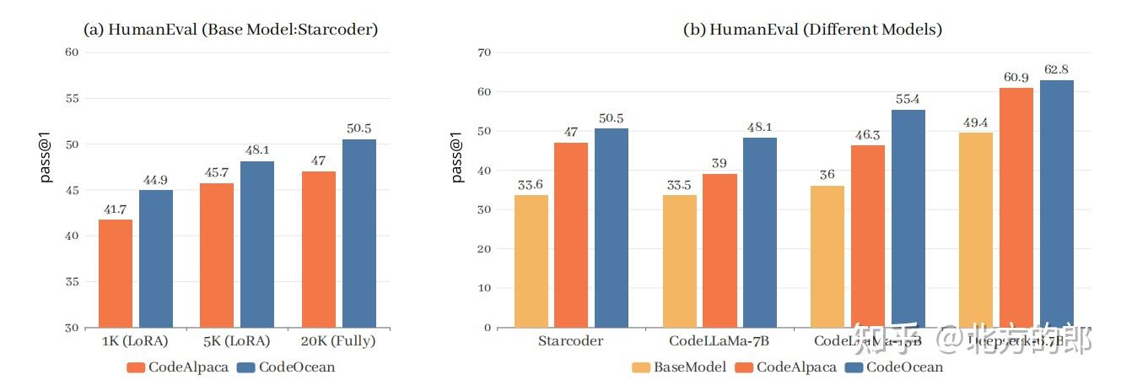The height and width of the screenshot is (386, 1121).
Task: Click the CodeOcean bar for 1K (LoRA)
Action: tap(156, 258)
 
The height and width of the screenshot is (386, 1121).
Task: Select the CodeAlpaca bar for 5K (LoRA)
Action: tap(217, 255)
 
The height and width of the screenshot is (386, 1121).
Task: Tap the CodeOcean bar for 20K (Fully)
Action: tap(358, 233)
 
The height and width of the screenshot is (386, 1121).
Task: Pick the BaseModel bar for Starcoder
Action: tap(531, 261)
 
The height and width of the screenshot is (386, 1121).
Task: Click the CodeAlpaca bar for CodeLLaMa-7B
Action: tap(719, 251)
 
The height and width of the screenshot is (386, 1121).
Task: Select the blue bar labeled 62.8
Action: tap(1056, 204)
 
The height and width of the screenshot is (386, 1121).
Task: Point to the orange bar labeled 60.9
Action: tap(1016, 207)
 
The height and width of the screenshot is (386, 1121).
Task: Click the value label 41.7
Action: tap(116, 208)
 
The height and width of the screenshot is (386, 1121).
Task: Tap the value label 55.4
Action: tap(908, 99)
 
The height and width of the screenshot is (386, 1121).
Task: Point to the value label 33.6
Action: tap(531, 184)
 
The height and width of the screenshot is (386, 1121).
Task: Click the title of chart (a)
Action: tap(229, 30)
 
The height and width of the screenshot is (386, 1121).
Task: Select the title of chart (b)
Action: tap(812, 30)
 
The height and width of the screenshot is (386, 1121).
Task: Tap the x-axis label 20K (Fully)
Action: tap(338, 342)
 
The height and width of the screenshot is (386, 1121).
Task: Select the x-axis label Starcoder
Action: tap(570, 342)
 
